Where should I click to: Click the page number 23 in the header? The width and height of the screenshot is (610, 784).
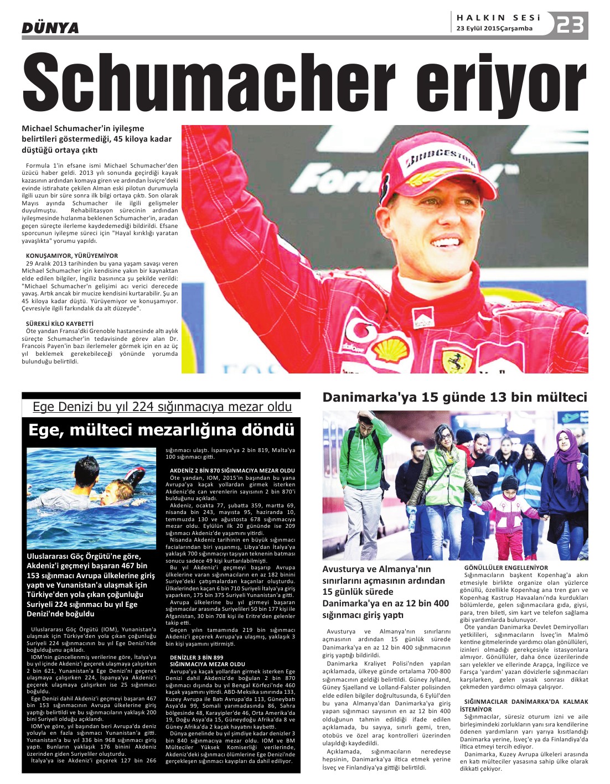[570, 24]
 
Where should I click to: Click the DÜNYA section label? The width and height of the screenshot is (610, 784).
[50, 28]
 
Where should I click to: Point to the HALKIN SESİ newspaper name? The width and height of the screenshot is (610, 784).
[498, 18]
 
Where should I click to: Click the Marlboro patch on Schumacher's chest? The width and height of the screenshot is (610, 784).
[423, 318]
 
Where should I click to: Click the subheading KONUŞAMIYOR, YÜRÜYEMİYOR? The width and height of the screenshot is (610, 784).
[72, 256]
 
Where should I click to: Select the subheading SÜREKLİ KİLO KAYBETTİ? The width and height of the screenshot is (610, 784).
[60, 323]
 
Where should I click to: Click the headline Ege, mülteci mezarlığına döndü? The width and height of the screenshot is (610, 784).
[161, 430]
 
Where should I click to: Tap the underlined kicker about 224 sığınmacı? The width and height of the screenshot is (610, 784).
[162, 407]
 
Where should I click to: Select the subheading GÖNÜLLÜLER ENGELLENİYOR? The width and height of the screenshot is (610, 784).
[506, 568]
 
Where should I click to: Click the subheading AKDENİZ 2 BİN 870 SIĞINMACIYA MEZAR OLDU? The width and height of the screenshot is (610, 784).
[232, 470]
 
